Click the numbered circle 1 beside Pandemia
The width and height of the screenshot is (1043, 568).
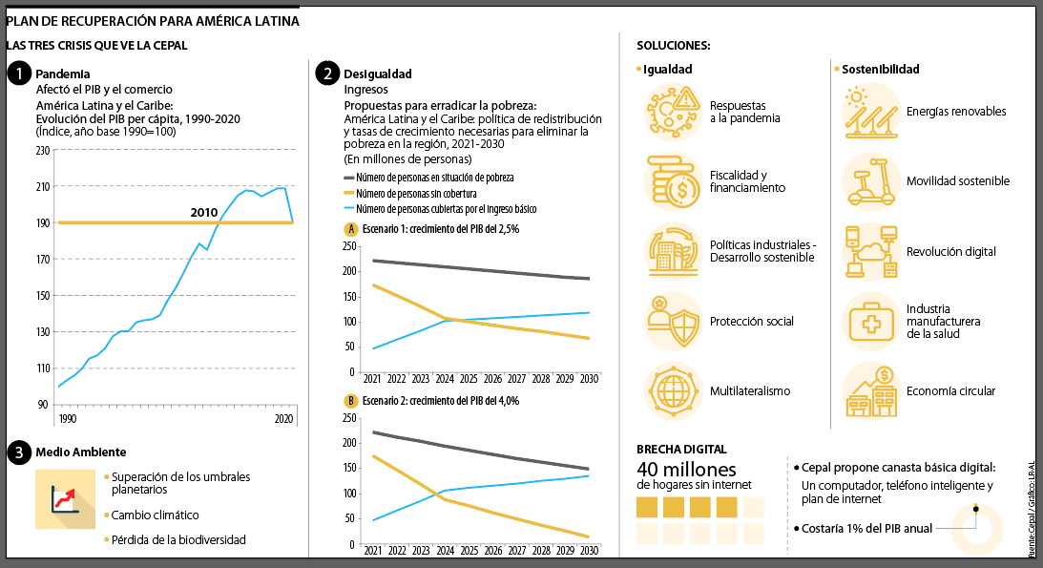(18, 74)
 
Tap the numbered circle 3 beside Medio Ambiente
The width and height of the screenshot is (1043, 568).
(18, 452)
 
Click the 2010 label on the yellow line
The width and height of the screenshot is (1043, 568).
(204, 212)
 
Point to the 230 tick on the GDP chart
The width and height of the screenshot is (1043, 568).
(41, 151)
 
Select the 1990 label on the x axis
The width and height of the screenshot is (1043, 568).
(67, 419)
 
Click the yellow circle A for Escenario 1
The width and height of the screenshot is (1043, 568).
(350, 229)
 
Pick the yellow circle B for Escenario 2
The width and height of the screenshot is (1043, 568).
(350, 401)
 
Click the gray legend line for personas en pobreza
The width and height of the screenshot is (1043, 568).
(349, 179)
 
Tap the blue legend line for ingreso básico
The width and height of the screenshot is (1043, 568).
(349, 208)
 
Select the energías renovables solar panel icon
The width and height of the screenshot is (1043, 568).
(870, 112)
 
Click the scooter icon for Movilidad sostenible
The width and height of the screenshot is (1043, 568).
(870, 181)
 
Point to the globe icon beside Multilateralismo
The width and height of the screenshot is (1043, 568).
(674, 391)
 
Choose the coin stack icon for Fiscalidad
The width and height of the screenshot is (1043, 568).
(674, 181)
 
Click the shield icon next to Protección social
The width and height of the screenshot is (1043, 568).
(674, 322)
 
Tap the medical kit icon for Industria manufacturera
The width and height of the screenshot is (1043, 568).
(870, 322)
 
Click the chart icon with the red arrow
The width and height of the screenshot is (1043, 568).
(65, 499)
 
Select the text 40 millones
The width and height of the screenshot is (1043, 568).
(686, 470)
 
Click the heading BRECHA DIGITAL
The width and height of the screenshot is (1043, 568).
(681, 449)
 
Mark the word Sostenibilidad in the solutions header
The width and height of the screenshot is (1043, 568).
(881, 70)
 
